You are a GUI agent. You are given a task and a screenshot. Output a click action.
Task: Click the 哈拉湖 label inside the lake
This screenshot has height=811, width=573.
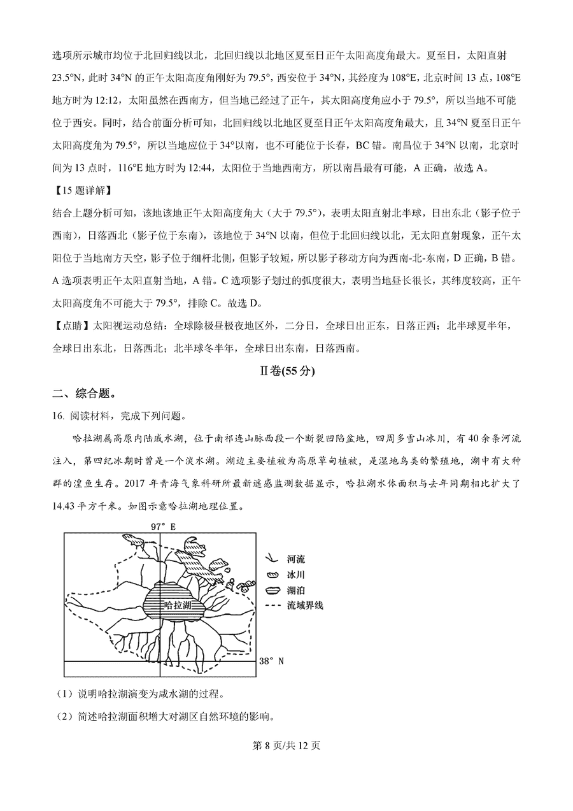[178, 604]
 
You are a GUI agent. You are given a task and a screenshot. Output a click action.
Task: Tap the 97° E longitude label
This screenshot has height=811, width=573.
[162, 526]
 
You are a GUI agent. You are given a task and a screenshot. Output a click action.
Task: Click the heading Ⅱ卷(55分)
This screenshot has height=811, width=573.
[286, 371]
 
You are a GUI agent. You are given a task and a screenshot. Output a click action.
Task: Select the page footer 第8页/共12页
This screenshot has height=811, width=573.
[286, 745]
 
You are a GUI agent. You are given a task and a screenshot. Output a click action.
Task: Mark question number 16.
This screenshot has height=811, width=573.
[59, 417]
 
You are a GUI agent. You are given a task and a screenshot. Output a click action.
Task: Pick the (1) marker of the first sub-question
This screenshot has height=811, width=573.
[64, 694]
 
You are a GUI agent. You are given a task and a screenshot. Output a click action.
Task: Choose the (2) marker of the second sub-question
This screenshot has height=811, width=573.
[64, 717]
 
